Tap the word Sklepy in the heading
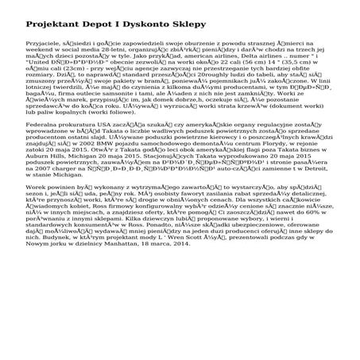tap(263, 17)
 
